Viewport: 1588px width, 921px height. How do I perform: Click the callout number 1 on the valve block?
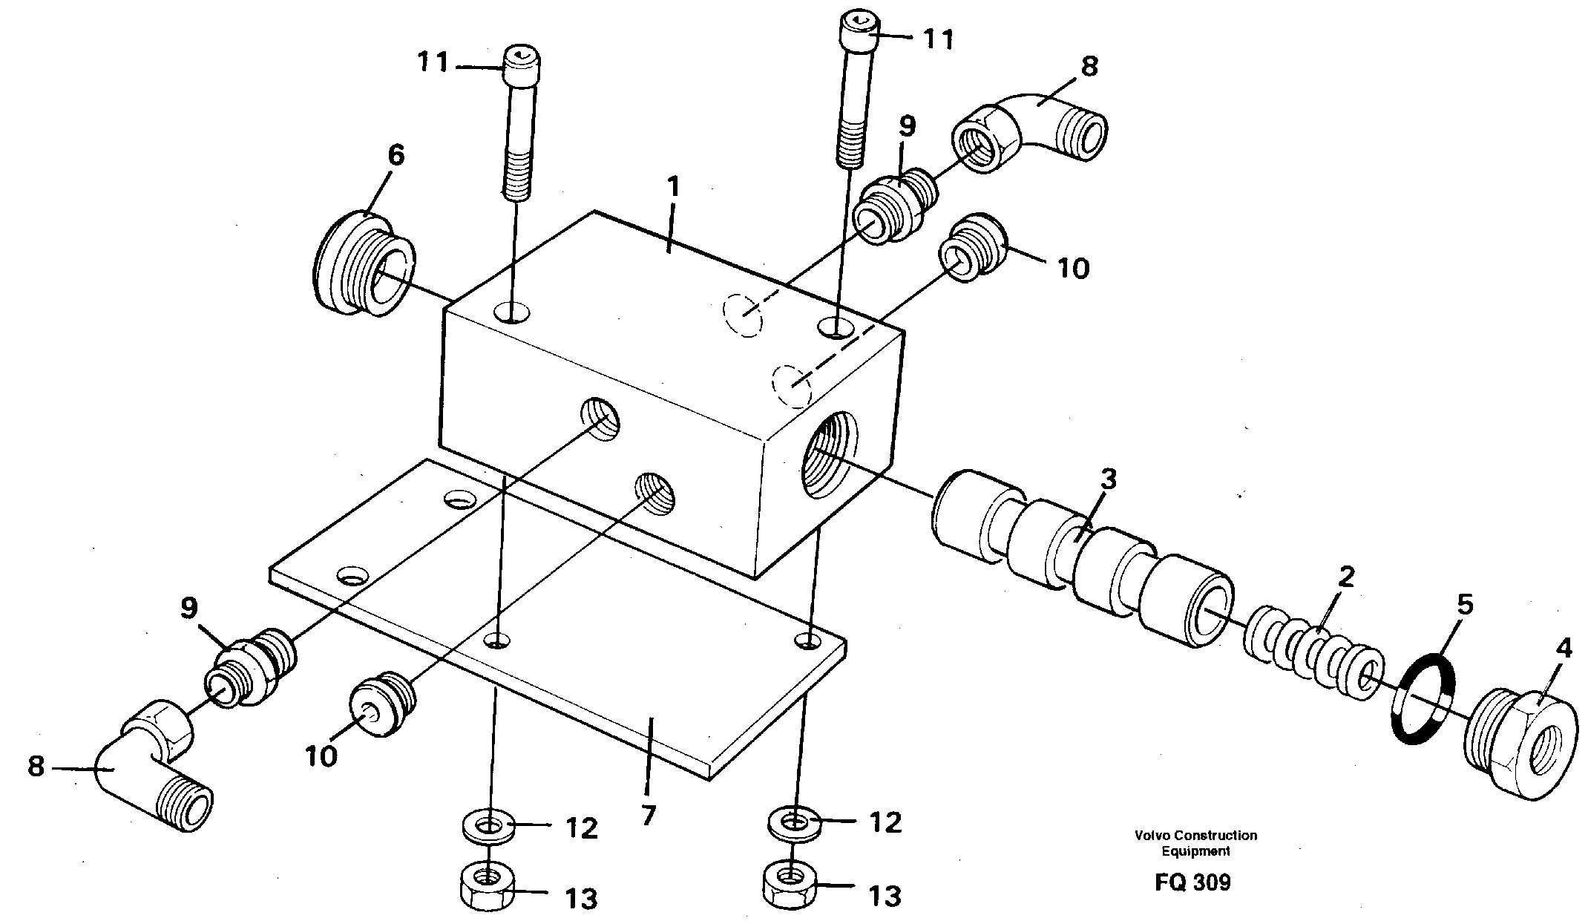(672, 187)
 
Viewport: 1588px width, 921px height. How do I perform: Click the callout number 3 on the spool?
(1108, 480)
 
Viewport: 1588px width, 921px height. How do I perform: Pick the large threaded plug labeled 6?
(363, 263)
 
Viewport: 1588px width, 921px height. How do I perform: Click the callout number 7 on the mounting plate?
(648, 816)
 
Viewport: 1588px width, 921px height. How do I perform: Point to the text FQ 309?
(1192, 882)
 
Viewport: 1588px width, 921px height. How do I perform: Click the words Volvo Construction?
(1195, 836)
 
